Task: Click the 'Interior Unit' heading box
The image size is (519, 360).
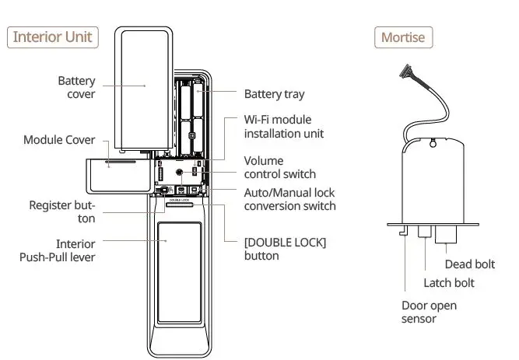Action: point(53,36)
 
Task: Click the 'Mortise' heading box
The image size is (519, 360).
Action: point(404,37)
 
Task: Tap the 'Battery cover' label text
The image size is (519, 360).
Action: point(76,87)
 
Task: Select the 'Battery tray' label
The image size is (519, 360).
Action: point(274,94)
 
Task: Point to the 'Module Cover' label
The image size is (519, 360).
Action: point(59,140)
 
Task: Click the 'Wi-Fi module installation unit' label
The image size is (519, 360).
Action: point(283,127)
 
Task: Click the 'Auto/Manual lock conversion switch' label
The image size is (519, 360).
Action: point(289,199)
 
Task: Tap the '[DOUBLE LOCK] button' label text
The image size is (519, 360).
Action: point(285,249)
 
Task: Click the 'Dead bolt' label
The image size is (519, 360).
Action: point(469,264)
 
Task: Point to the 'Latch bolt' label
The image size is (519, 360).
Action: point(448,283)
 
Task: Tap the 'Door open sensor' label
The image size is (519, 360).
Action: point(429,313)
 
